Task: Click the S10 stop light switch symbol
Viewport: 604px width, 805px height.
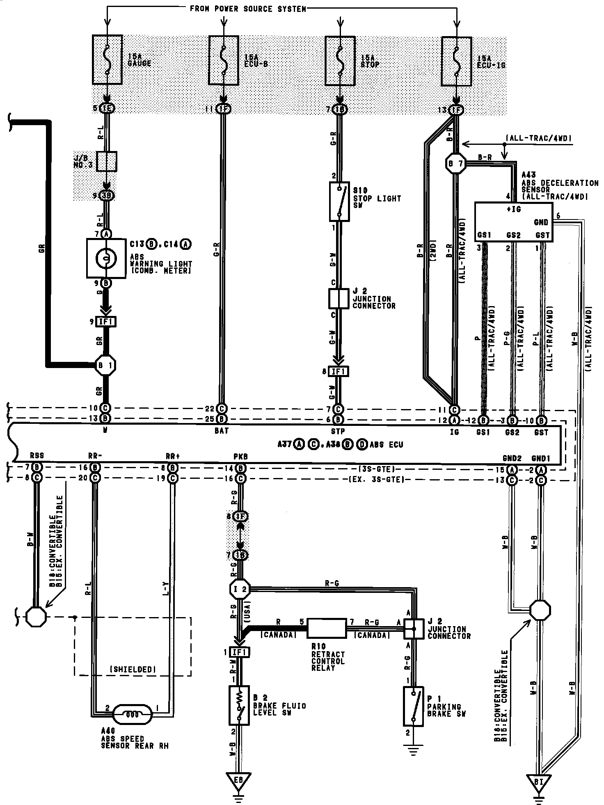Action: coord(339,201)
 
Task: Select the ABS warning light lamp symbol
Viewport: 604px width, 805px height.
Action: coord(106,258)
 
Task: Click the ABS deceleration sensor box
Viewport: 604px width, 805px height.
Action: coord(513,222)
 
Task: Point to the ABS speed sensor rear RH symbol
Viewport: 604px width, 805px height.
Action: coord(133,714)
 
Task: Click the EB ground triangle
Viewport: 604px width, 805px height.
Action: coord(238,781)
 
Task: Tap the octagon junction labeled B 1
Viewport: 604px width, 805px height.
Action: coord(106,365)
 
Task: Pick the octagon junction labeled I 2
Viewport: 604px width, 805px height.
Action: coord(239,590)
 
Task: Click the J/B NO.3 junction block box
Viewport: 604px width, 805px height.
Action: coord(106,161)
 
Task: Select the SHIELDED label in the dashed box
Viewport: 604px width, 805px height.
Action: coord(133,669)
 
